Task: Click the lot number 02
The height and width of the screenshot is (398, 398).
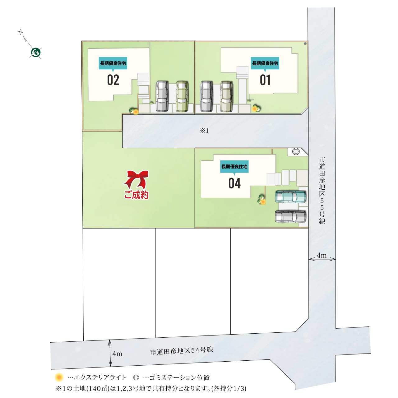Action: pos(113,80)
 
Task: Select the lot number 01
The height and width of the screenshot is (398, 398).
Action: pos(265,80)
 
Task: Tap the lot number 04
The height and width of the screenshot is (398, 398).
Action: pos(235,183)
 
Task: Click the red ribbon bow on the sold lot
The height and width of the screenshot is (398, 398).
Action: pos(137,179)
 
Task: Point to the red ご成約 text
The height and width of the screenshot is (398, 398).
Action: pos(136,195)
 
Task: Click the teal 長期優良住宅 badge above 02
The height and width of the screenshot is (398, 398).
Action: pos(113,63)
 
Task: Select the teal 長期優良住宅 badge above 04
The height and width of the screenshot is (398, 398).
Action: pos(234,167)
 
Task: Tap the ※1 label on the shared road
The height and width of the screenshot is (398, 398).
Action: pos(204,131)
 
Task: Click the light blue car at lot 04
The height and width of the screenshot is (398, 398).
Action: pos(291,197)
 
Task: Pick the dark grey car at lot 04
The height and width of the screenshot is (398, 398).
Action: pos(291,216)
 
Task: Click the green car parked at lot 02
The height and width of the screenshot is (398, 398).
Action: pos(182,96)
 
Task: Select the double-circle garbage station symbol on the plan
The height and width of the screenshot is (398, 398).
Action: pos(296,152)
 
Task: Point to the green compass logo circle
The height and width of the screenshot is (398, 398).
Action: pos(36,53)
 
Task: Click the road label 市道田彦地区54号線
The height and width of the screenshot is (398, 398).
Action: pos(181,351)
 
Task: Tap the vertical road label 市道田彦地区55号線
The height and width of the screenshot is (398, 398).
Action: pos(322,190)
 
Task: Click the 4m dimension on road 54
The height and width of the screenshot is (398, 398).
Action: pos(117,354)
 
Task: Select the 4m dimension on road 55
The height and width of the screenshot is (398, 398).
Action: pos(322,256)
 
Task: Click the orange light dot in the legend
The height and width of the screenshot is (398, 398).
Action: pos(59,377)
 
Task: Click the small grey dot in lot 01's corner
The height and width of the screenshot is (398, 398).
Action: pos(305,44)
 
